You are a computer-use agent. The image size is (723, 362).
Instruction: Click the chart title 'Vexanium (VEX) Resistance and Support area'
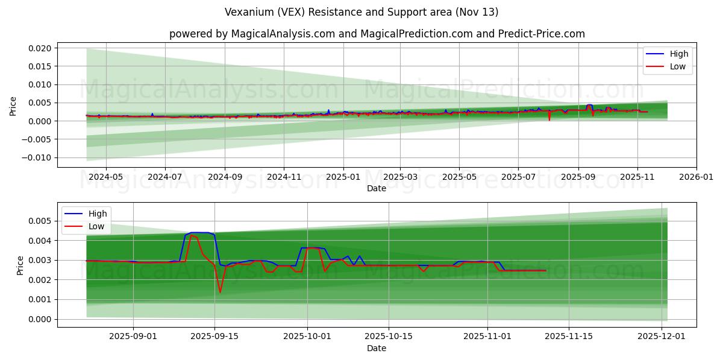click(361, 12)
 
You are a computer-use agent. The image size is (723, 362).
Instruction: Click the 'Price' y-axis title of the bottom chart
click(20, 265)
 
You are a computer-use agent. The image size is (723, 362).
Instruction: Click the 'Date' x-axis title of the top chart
click(377, 189)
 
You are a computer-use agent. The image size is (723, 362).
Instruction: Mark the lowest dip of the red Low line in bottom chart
click(220, 293)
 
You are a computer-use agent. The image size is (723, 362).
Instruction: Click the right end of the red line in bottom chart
click(546, 270)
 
